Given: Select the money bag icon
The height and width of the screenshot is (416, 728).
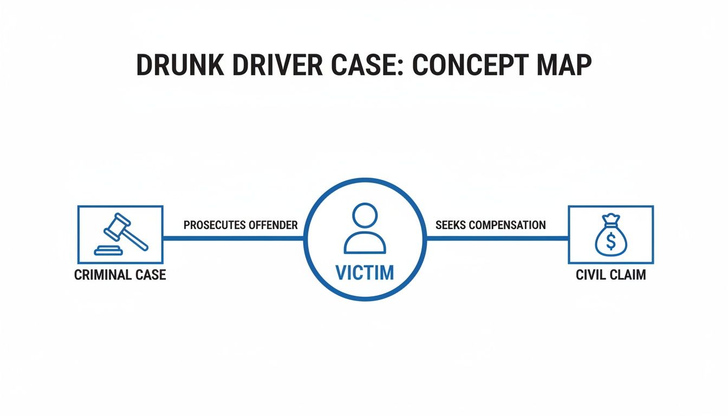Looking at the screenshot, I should tap(610, 235).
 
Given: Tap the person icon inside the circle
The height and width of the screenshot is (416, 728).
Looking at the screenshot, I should tap(365, 228).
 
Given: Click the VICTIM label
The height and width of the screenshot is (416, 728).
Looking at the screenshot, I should tap(365, 272).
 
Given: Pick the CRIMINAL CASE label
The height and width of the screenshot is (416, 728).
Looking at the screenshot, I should tap(120, 275).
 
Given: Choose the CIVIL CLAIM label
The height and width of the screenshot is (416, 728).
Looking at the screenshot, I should tap(610, 275).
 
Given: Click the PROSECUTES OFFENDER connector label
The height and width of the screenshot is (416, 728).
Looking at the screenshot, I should tap(240, 225).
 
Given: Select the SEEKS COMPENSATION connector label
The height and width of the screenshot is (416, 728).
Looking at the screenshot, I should tap(490, 225).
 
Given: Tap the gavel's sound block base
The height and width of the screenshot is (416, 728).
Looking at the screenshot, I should tap(108, 251).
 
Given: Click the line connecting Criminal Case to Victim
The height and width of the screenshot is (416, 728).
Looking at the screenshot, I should tap(233, 238).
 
